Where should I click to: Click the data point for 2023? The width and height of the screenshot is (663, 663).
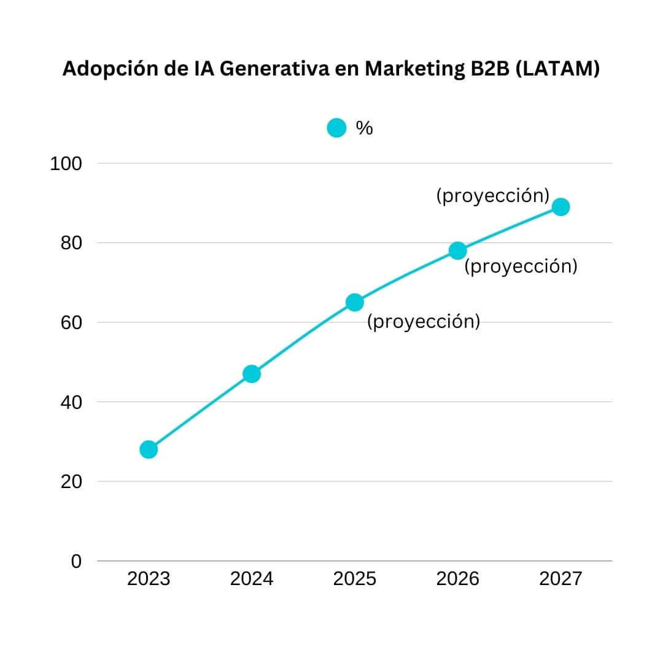pos(149,449)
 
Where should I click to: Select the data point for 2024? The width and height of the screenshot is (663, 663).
pos(252,374)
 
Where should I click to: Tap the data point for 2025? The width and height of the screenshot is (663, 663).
pos(355,302)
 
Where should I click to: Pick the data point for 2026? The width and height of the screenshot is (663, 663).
pos(457,250)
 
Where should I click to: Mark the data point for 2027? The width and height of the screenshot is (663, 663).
pos(560,207)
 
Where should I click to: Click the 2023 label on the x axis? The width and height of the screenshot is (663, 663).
pos(149,578)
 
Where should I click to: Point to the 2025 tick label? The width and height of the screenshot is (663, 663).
pos(355,578)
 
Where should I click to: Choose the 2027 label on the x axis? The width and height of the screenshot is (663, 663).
pos(560,578)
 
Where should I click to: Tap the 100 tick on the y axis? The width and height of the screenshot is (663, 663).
pos(66,164)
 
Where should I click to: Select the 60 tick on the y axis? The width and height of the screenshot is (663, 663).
pos(71,323)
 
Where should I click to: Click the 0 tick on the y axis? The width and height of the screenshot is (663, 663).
pos(76,561)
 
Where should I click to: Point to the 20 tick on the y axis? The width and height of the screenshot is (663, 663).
pos(71,482)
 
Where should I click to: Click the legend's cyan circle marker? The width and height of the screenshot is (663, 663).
pos(336,128)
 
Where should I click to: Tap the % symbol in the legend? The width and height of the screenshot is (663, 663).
pos(365,128)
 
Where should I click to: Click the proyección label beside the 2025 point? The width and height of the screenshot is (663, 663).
pos(424,322)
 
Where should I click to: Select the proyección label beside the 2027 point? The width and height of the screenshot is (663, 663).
pos(493,196)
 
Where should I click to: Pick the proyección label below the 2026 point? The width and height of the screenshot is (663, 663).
pos(521,266)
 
